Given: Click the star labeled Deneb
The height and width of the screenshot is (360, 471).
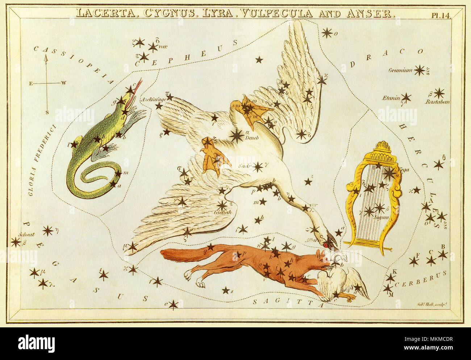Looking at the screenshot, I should point(237,135).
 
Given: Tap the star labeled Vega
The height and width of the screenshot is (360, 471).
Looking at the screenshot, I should point(389,173).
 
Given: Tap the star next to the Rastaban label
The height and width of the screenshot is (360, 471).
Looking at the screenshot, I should point(439,93).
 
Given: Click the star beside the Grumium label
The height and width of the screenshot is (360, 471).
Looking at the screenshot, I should point(420,70).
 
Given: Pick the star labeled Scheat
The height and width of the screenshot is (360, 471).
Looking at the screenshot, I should point(16,242).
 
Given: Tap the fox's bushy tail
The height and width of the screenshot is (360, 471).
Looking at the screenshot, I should point(181,255).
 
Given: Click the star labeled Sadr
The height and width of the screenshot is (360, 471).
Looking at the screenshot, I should point(258,167).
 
